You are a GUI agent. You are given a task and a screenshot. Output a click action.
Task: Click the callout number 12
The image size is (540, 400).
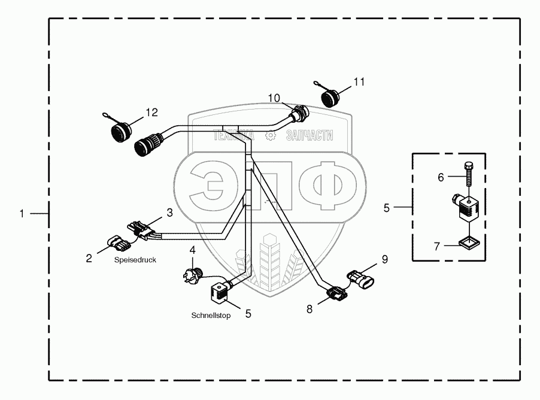pyautogui.click(x=151, y=111)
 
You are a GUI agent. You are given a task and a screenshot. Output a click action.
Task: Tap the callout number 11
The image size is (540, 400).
pyautogui.click(x=359, y=82)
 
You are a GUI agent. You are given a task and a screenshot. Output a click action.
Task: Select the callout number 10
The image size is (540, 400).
pyautogui.click(x=274, y=97)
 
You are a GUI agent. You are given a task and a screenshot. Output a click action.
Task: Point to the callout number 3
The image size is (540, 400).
pyautogui.click(x=169, y=212)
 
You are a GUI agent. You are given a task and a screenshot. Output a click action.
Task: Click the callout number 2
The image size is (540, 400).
pyautogui.click(x=89, y=258)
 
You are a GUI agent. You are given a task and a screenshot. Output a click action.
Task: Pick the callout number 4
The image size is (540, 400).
pyautogui.click(x=192, y=249)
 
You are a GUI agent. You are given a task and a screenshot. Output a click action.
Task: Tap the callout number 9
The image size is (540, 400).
pyautogui.click(x=385, y=259)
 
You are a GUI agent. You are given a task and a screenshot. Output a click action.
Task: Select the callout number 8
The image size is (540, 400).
pyautogui.click(x=310, y=309)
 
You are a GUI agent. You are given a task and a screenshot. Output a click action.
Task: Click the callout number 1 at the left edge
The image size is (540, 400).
pyautogui.click(x=22, y=213)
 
